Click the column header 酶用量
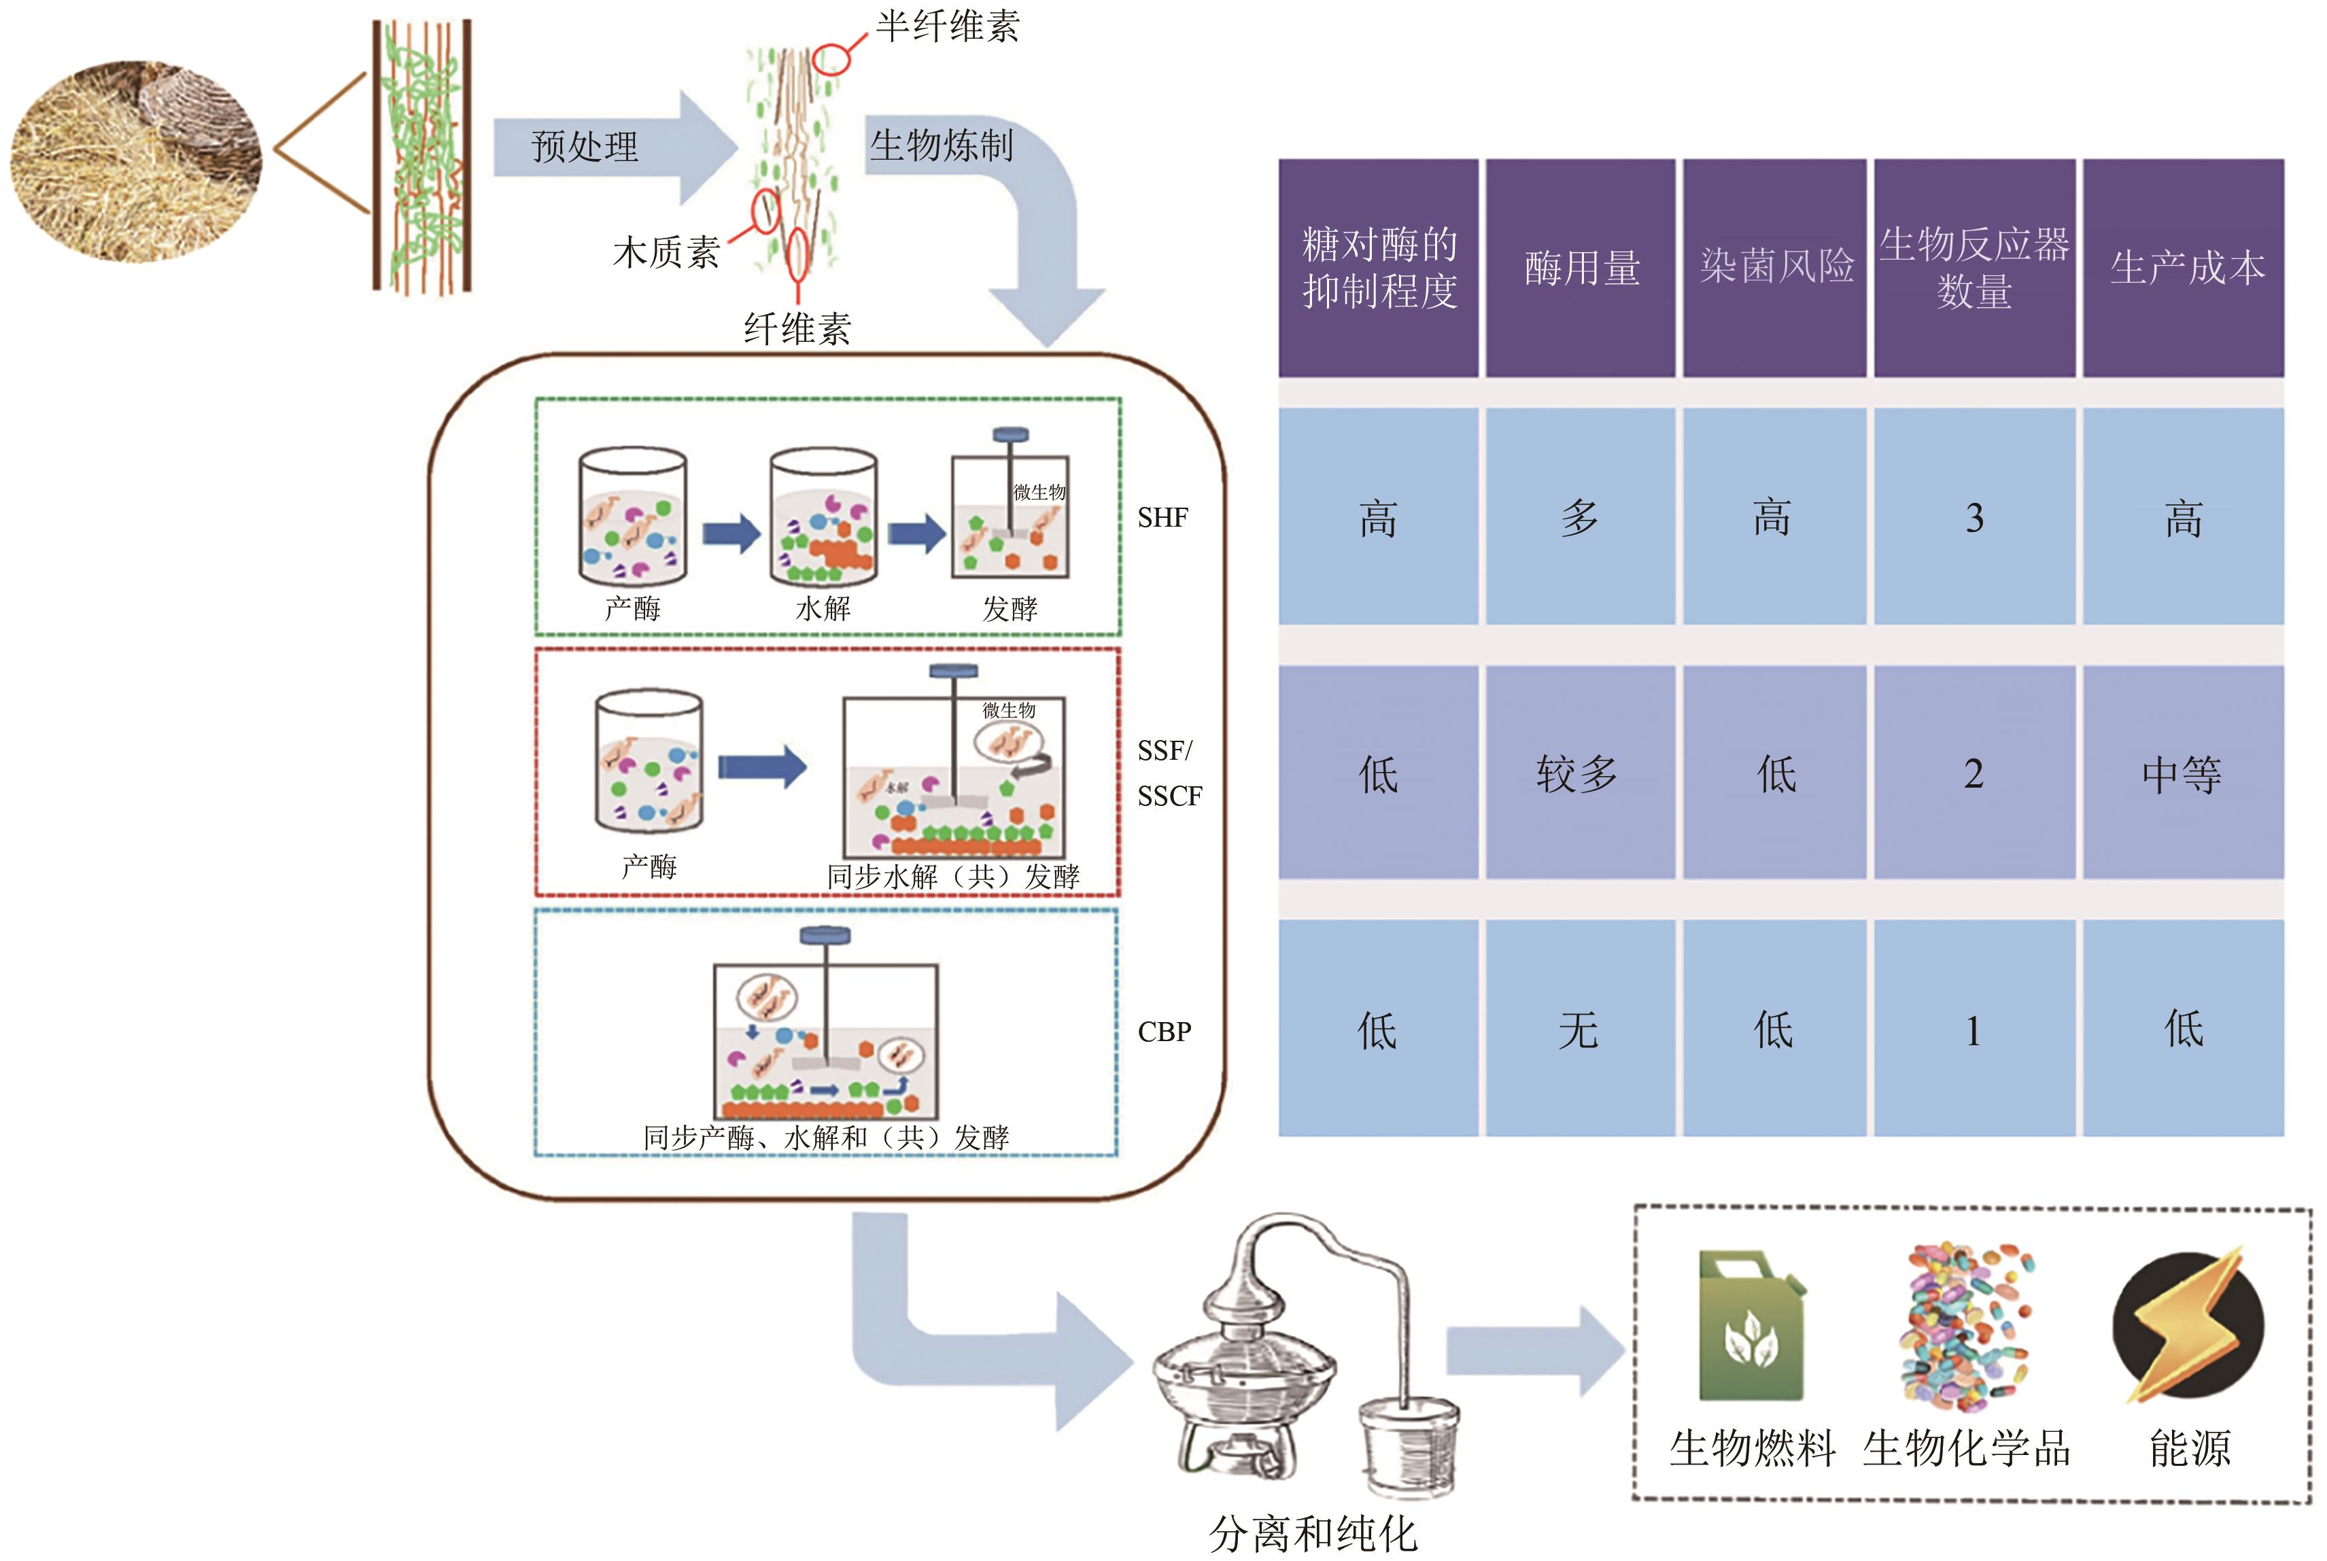[1580, 268]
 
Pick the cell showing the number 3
[1973, 518]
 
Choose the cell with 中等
[2182, 773]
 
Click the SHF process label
[1162, 518]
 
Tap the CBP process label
[1164, 1032]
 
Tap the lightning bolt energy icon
[2188, 1327]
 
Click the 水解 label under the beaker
[823, 608]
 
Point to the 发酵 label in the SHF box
[1010, 608]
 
